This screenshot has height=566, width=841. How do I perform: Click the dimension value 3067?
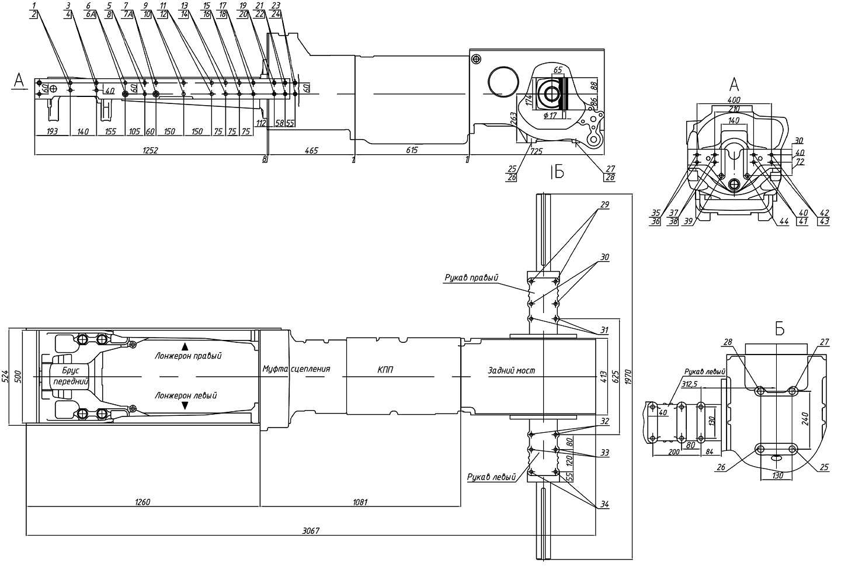pyautogui.click(x=311, y=531)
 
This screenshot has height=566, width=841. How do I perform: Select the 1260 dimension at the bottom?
pyautogui.click(x=143, y=502)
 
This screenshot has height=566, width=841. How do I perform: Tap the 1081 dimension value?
pyautogui.click(x=360, y=502)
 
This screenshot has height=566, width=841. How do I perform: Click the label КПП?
pyautogui.click(x=385, y=370)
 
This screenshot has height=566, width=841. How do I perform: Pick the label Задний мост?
pyautogui.click(x=512, y=371)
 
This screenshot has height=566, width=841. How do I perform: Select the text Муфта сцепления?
pyautogui.click(x=296, y=369)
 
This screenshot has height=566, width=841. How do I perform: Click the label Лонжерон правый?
pyautogui.click(x=188, y=355)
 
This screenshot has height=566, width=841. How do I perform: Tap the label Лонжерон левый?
pyautogui.click(x=186, y=395)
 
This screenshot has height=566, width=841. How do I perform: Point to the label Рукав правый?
pyautogui.click(x=471, y=277)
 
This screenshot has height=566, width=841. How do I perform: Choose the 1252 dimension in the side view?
pyautogui.click(x=150, y=150)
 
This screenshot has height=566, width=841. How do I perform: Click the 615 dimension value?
pyautogui.click(x=412, y=150)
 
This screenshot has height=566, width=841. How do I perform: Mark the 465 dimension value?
pyautogui.click(x=311, y=150)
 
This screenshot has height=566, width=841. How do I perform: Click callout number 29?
pyautogui.click(x=604, y=204)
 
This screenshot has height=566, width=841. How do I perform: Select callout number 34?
pyautogui.click(x=604, y=504)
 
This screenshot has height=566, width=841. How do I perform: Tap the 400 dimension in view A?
pyautogui.click(x=734, y=100)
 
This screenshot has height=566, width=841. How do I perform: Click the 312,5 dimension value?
pyautogui.click(x=689, y=384)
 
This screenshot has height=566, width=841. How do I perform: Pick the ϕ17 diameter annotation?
pyautogui.click(x=550, y=116)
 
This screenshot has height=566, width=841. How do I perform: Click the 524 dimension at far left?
pyautogui.click(x=5, y=376)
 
